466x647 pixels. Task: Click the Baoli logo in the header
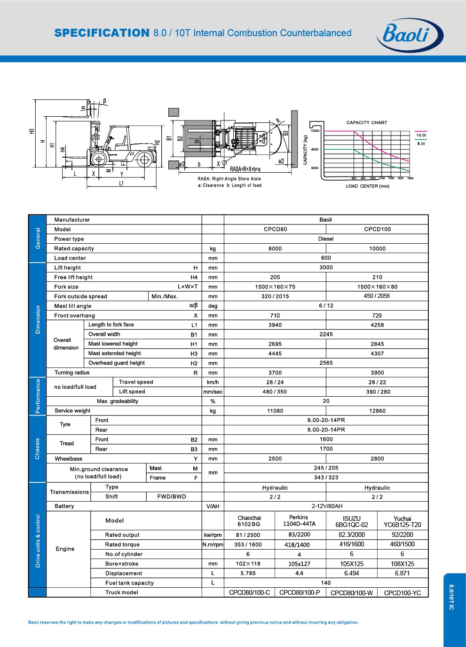click(x=410, y=35)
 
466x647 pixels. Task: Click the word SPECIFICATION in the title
click(x=102, y=33)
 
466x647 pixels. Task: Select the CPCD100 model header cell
click(x=378, y=229)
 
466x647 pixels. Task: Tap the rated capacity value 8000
click(x=275, y=248)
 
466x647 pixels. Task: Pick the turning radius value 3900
click(x=377, y=373)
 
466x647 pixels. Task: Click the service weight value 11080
click(x=275, y=411)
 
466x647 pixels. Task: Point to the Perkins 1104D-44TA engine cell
click(x=299, y=520)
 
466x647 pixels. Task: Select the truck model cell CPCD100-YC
click(x=402, y=593)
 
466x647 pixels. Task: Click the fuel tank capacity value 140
click(x=326, y=583)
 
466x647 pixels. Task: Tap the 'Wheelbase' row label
click(x=69, y=459)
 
